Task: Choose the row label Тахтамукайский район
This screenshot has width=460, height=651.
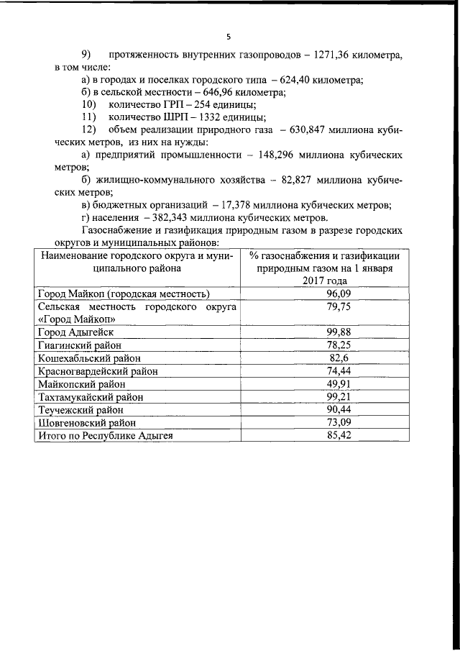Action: point(91,396)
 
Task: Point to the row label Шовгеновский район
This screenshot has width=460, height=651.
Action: point(86,422)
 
